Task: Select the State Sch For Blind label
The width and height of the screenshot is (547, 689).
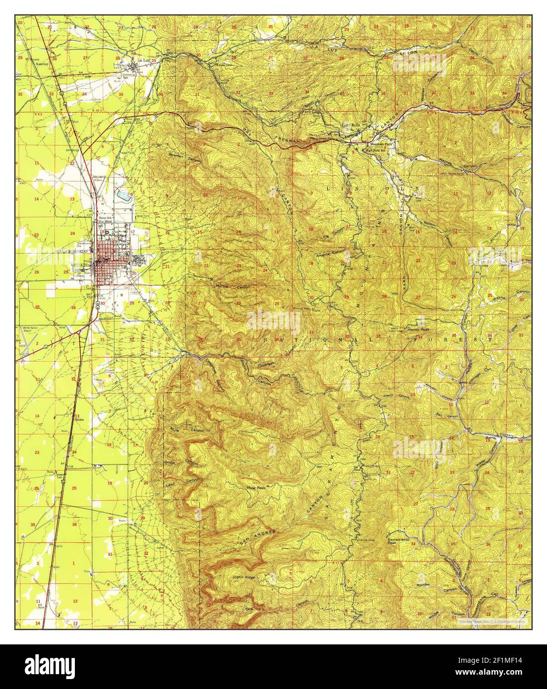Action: (106, 220)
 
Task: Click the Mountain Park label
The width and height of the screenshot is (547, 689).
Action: (368, 143)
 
